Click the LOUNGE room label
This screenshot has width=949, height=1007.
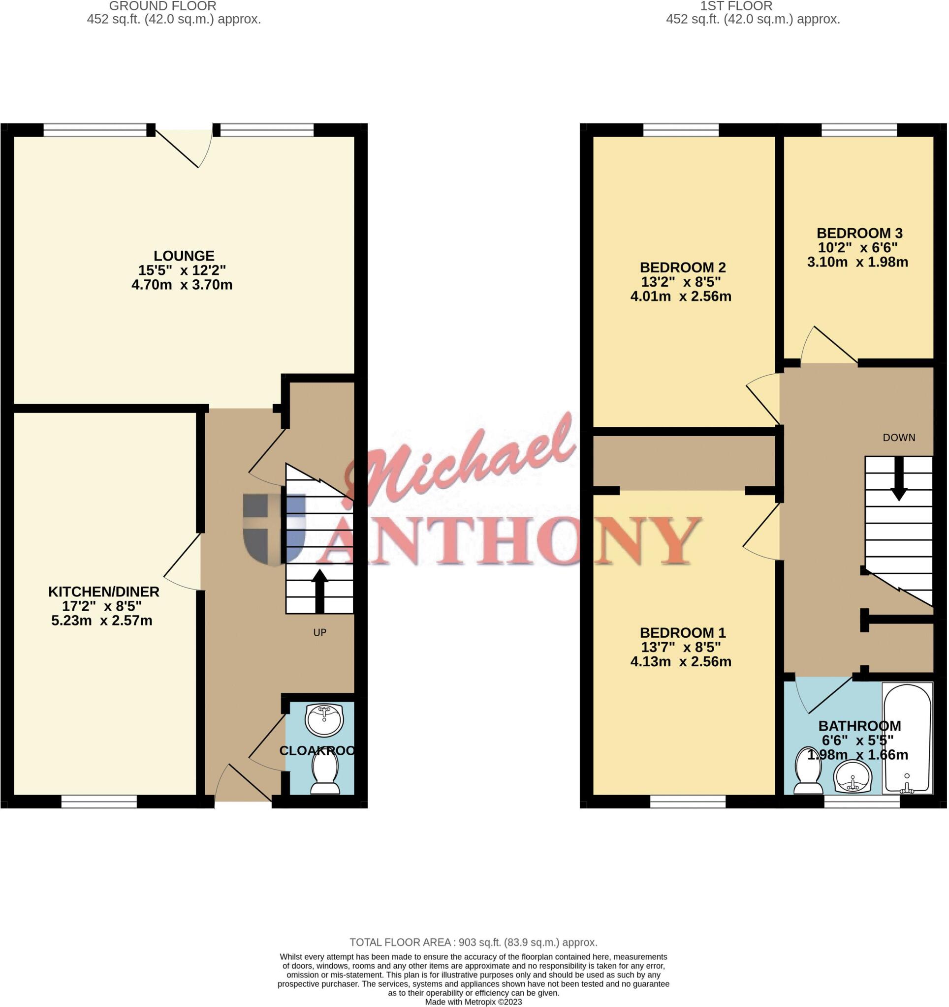pyautogui.click(x=184, y=256)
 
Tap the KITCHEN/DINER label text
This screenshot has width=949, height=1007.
pyautogui.click(x=104, y=592)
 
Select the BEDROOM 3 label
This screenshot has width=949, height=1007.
pyautogui.click(x=859, y=234)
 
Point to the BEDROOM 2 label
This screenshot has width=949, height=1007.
pyautogui.click(x=682, y=267)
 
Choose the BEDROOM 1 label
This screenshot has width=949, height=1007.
pyautogui.click(x=682, y=633)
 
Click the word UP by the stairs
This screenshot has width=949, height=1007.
pyautogui.click(x=319, y=632)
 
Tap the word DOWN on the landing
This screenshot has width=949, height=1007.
pyautogui.click(x=899, y=438)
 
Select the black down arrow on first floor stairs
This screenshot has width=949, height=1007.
pyautogui.click(x=899, y=479)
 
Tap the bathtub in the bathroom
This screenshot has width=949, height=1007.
pyautogui.click(x=907, y=739)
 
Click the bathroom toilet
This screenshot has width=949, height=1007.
pyautogui.click(x=808, y=771)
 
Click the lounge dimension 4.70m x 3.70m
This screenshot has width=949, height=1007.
pyautogui.click(x=182, y=285)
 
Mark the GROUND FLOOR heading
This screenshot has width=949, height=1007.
pyautogui.click(x=163, y=6)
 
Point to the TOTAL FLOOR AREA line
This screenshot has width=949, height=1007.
pyautogui.click(x=474, y=942)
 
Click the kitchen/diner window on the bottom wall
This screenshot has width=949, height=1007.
pyautogui.click(x=99, y=801)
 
